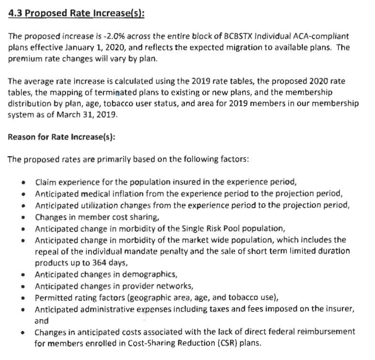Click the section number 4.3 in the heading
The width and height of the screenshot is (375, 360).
15,13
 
